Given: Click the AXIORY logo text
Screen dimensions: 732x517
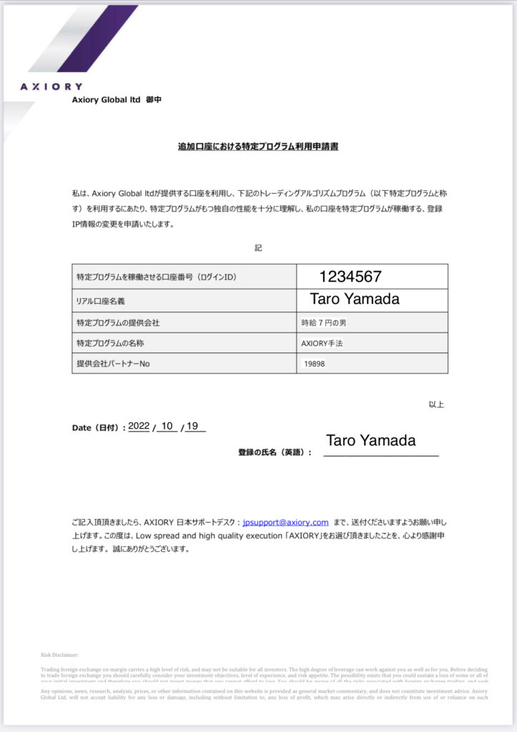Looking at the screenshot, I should point(51,86).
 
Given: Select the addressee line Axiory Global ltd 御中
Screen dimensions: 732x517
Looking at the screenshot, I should point(117,100).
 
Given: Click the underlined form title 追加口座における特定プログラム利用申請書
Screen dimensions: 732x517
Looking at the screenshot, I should point(258,147).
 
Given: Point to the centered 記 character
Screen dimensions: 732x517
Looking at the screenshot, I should point(258,248).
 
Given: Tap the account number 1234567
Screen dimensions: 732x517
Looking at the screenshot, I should point(350,277).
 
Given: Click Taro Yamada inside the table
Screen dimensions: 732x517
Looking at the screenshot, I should point(355,300).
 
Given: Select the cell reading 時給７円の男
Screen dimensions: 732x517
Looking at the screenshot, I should point(324,322).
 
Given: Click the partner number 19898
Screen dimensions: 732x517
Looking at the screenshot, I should point(314,364).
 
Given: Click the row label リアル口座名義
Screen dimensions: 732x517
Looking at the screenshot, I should point(105,302).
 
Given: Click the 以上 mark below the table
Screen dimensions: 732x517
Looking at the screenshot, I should point(436,405).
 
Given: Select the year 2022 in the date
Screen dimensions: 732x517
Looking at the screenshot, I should point(139,426).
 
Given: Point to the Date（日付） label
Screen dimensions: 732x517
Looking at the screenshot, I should point(99,427).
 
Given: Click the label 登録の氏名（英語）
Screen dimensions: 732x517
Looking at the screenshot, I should point(275,452).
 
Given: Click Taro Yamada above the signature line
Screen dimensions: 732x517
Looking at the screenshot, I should point(370,441).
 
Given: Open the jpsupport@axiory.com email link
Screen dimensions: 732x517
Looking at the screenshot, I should point(285,523).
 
